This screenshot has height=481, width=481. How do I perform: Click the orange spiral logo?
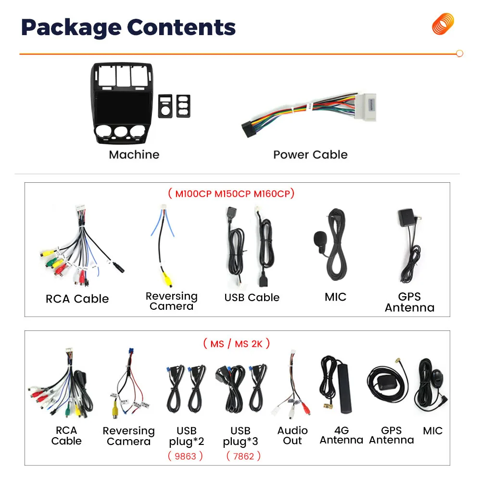coord(443,24)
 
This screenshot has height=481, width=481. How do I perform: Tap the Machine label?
coord(134,154)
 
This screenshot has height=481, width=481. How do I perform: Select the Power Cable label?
coord(310,154)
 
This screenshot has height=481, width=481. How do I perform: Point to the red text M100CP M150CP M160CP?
coord(231,193)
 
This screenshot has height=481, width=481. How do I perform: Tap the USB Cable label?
coord(252,297)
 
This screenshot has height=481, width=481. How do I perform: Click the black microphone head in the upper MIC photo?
coord(319,238)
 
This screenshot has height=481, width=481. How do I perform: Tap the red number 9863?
coord(186,456)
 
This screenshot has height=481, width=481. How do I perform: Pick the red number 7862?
coord(243,456)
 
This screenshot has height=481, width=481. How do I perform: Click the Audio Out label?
coord(292,435)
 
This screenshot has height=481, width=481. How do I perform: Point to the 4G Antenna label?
coord(341,435)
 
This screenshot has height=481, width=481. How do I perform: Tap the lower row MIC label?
coord(432,431)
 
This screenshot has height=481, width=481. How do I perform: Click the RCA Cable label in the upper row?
coord(77,299)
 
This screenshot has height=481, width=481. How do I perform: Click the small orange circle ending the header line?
coord(459,54)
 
